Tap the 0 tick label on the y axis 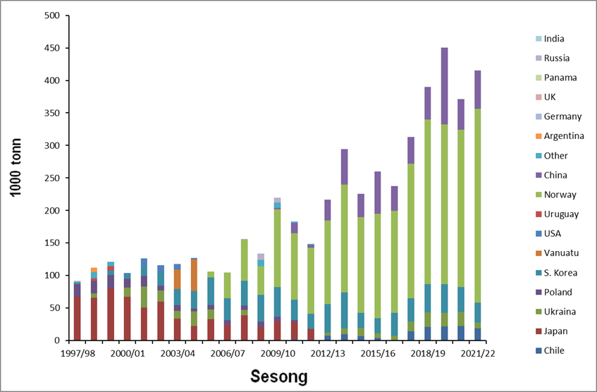click(56, 341)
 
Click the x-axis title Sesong click(279, 376)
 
